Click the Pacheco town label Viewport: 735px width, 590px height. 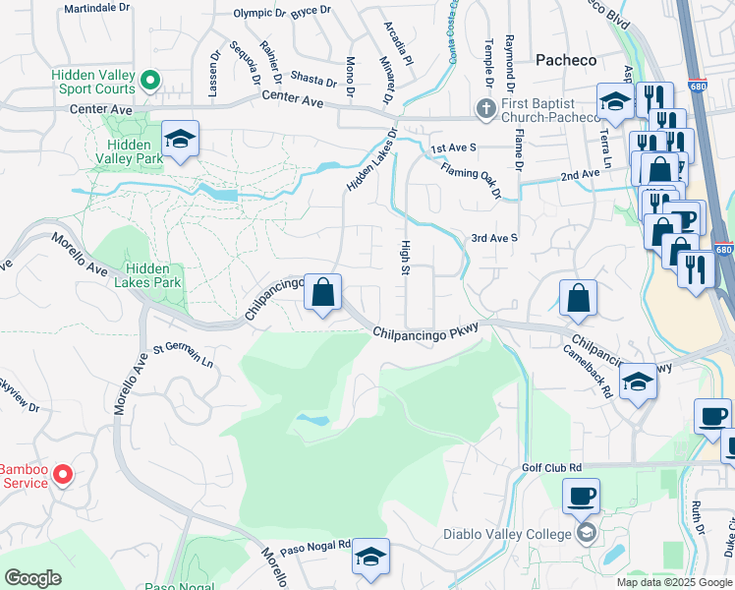(x=566, y=60)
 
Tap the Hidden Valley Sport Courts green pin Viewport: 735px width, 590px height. (x=149, y=80)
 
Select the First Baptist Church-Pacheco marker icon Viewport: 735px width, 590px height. (x=484, y=109)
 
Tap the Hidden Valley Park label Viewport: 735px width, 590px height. (x=135, y=151)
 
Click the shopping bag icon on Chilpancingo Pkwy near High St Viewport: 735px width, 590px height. (x=322, y=292)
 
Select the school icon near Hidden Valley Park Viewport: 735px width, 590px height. (x=181, y=140)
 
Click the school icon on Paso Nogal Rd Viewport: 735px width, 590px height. (x=370, y=558)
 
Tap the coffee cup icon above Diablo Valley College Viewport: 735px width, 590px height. (x=580, y=496)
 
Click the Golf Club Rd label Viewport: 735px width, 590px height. (x=552, y=468)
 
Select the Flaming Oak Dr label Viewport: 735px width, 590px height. (x=471, y=179)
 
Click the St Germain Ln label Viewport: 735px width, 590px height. (x=183, y=355)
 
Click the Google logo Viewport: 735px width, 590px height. (x=31, y=577)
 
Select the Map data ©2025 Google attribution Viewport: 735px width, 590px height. (x=673, y=582)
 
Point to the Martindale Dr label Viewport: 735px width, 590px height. (x=96, y=8)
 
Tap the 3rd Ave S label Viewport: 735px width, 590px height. (x=494, y=238)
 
